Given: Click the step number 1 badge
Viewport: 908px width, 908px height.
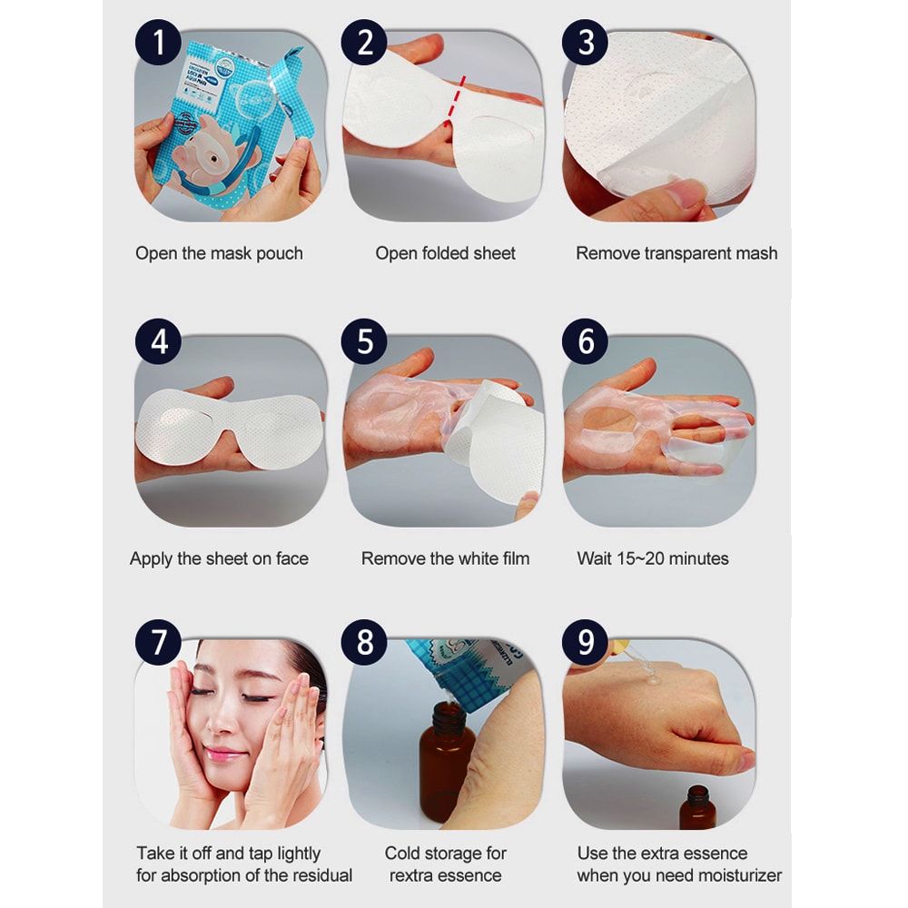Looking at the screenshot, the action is (158, 42).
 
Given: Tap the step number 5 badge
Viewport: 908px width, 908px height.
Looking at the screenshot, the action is (364, 341).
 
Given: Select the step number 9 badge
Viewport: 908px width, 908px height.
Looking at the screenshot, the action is (586, 642).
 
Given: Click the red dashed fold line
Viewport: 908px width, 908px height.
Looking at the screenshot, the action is (454, 101).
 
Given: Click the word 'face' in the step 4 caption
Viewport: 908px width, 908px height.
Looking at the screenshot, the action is (291, 558).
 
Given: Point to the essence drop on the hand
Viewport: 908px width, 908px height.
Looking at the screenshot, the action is (653, 676).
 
